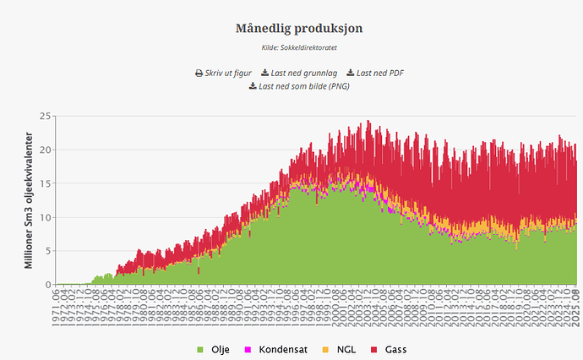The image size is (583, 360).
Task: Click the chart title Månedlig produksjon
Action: tap(299, 29)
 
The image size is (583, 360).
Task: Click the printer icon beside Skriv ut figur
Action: tap(199, 73)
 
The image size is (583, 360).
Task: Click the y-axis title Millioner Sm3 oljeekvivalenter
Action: tap(28, 200)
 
